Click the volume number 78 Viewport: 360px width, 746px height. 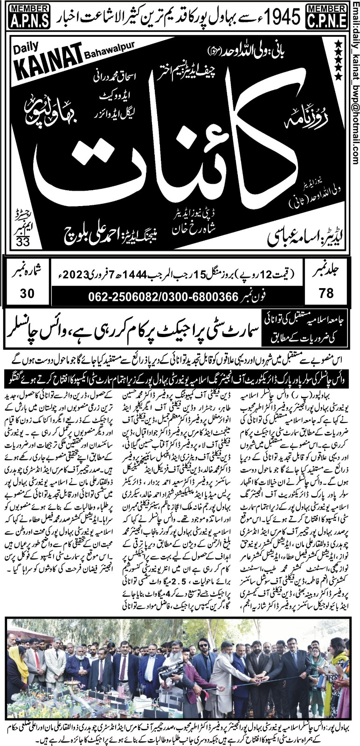pos(327,293)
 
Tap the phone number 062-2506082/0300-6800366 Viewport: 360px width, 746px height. pos(164,296)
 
